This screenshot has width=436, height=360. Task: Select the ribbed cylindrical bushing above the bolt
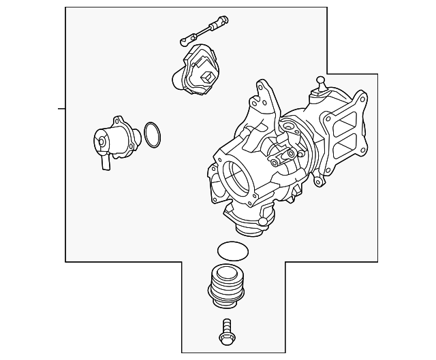pos(225,285)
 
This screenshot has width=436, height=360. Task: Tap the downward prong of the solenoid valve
pos(105,163)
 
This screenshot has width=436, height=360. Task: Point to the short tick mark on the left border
pos(61,108)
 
